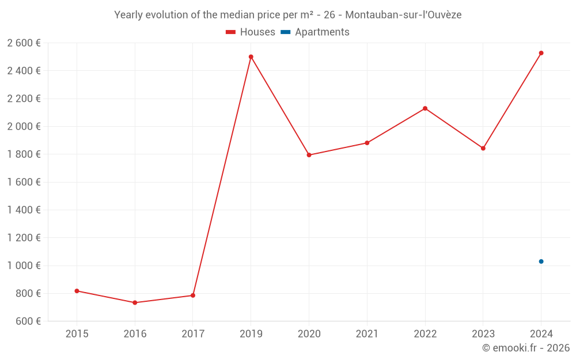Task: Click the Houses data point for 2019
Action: pyautogui.click(x=251, y=57)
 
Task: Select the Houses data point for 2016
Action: pyautogui.click(x=135, y=302)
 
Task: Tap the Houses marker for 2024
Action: pyautogui.click(x=541, y=53)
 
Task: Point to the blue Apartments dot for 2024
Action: pyautogui.click(x=541, y=262)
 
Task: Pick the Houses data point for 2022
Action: pyautogui.click(x=425, y=108)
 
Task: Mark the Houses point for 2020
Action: pyautogui.click(x=309, y=155)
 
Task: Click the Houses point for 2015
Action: pyautogui.click(x=77, y=291)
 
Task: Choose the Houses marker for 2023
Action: pyautogui.click(x=483, y=149)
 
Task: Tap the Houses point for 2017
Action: pyautogui.click(x=193, y=295)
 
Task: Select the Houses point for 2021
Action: pyautogui.click(x=367, y=143)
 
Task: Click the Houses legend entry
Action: pyautogui.click(x=251, y=32)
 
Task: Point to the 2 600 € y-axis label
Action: pyautogui.click(x=24, y=43)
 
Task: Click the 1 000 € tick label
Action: pyautogui.click(x=24, y=266)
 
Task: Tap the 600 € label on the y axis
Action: pyautogui.click(x=28, y=321)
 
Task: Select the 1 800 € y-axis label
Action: pyautogui.click(x=24, y=154)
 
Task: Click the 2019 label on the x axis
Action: pyautogui.click(x=251, y=334)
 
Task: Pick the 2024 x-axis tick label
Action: pyautogui.click(x=541, y=334)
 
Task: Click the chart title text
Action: pyautogui.click(x=288, y=15)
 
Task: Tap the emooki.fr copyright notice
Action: pyautogui.click(x=526, y=348)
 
